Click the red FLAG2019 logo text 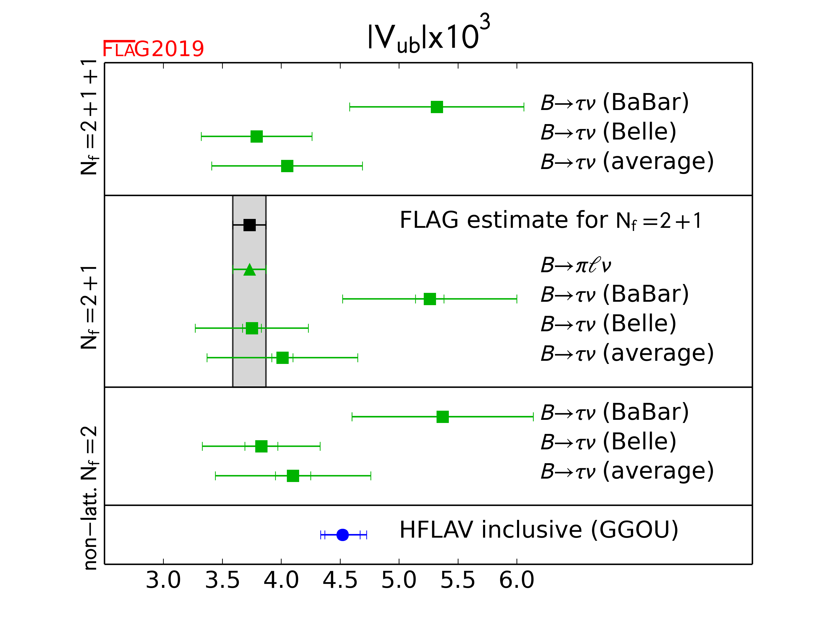(153, 49)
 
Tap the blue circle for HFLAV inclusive (342, 535)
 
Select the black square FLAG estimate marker (249, 225)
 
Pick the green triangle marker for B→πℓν (249, 270)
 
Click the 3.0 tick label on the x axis (163, 580)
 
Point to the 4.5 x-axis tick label (340, 580)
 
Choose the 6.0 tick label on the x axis (517, 580)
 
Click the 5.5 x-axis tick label (458, 580)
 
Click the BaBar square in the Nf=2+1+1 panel (437, 107)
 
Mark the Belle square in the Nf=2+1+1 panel (257, 136)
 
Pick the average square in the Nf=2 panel (293, 476)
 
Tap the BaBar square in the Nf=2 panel (443, 417)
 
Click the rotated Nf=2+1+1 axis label (89, 117)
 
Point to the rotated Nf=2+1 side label (89, 307)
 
